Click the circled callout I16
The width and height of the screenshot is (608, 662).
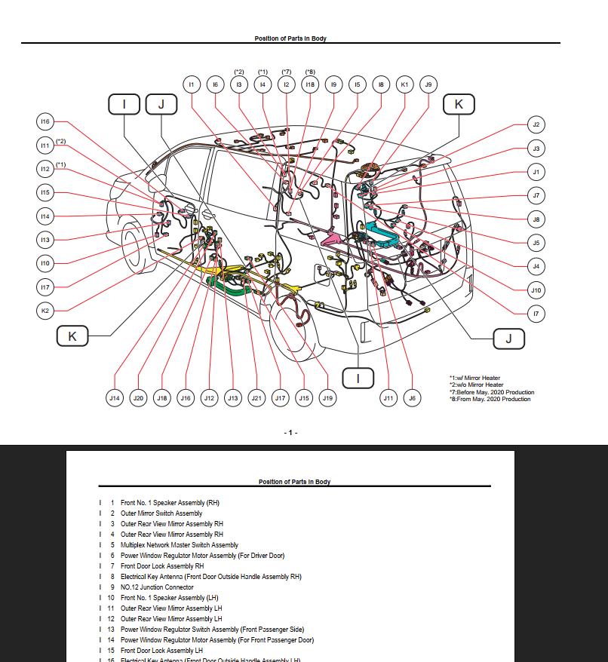click(45, 121)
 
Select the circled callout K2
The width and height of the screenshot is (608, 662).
click(45, 311)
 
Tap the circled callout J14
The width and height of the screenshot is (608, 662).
click(114, 398)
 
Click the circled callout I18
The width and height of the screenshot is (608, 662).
click(310, 84)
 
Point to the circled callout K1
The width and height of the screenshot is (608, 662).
click(404, 84)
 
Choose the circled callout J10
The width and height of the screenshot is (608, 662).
click(536, 290)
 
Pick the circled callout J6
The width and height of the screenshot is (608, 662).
click(411, 398)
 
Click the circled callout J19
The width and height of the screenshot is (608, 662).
click(327, 398)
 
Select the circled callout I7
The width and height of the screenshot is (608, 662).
click(536, 313)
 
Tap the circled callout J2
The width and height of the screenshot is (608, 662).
click(536, 124)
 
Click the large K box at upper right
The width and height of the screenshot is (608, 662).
click(459, 105)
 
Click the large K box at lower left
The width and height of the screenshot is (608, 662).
click(72, 336)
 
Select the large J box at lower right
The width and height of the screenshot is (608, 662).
click(508, 339)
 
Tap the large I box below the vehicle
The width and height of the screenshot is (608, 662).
click(358, 378)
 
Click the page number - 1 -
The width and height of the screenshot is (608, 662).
click(290, 433)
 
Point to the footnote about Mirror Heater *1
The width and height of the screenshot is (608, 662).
click(474, 379)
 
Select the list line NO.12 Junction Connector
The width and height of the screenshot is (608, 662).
click(157, 587)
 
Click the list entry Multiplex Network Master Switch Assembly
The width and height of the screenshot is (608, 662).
click(179, 545)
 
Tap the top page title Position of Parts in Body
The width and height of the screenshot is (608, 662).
click(290, 38)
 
